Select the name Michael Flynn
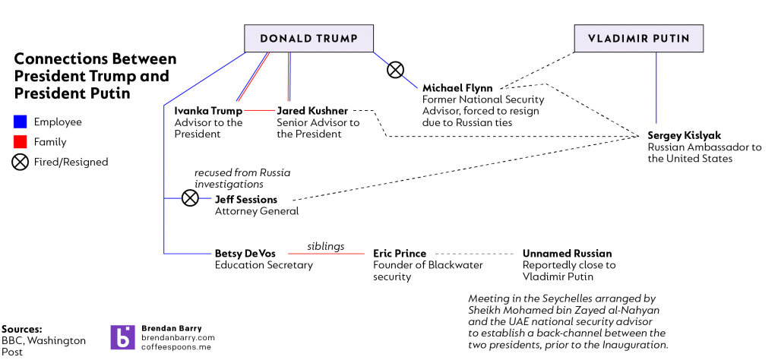pyautogui.click(x=457, y=88)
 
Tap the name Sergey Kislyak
pyautogui.click(x=683, y=135)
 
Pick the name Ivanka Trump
pyautogui.click(x=203, y=112)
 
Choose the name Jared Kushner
pyautogui.click(x=312, y=112)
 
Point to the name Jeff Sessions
pyautogui.click(x=246, y=200)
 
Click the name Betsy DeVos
pyautogui.click(x=245, y=254)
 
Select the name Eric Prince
pyautogui.click(x=400, y=254)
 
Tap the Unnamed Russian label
pyautogui.click(x=567, y=254)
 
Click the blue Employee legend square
pyautogui.click(x=21, y=122)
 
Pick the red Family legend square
pyautogui.click(x=21, y=142)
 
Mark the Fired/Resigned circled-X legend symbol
pyautogui.click(x=21, y=162)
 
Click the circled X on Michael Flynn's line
pyautogui.click(x=395, y=71)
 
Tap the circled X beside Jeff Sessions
pyautogui.click(x=190, y=198)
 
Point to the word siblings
pyautogui.click(x=325, y=246)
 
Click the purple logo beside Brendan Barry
pyautogui.click(x=122, y=337)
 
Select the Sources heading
pyautogui.click(x=22, y=328)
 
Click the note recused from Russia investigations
pyautogui.click(x=242, y=178)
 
